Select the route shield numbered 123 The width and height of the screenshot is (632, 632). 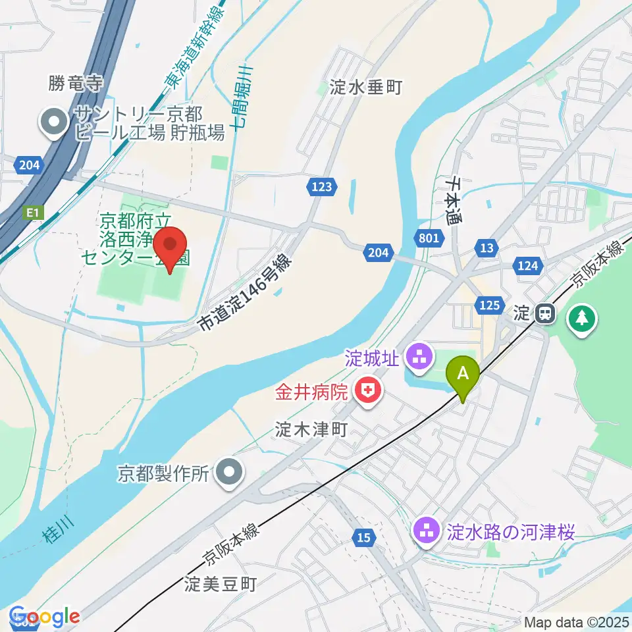coord(322,187)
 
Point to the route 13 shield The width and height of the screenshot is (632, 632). coord(487,248)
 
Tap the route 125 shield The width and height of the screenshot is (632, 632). coord(488,304)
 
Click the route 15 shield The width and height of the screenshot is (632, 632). coord(364,538)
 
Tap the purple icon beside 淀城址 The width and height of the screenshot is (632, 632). coord(419,359)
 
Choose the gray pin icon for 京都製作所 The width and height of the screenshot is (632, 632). coord(229,471)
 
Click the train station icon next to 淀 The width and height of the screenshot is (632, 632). coord(544,314)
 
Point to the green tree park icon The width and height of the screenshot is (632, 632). coord(581,319)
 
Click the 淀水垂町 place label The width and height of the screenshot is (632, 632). coord(367,86)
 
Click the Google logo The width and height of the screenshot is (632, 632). coord(45,617)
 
